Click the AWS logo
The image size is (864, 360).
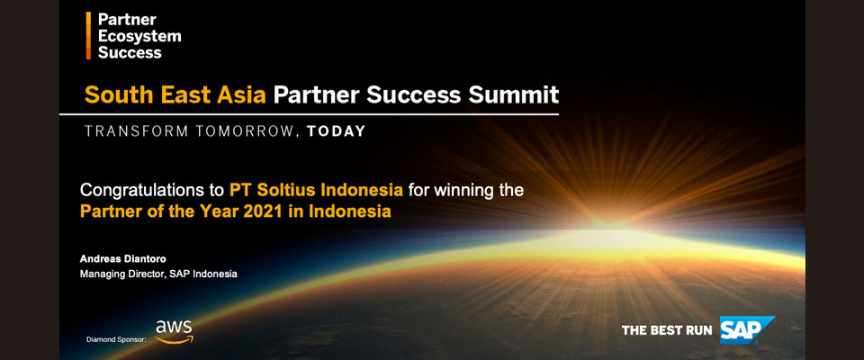tap(174, 332)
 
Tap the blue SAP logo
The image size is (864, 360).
tap(747, 329)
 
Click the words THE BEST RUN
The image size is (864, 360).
tap(667, 330)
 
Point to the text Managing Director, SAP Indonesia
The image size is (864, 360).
tap(158, 274)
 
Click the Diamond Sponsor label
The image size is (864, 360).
tap(116, 339)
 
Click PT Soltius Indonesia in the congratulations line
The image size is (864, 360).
tap(316, 191)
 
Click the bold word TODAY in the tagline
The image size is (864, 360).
tap(336, 131)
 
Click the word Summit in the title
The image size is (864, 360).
tap(513, 94)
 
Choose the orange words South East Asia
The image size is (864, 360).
tap(175, 94)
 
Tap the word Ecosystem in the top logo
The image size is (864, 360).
tap(139, 36)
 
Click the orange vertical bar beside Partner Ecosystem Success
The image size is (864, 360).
tap(89, 35)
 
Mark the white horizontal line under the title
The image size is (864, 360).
tap(309, 114)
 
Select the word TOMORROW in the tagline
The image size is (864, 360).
tap(238, 131)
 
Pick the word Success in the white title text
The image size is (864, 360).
tap(413, 94)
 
